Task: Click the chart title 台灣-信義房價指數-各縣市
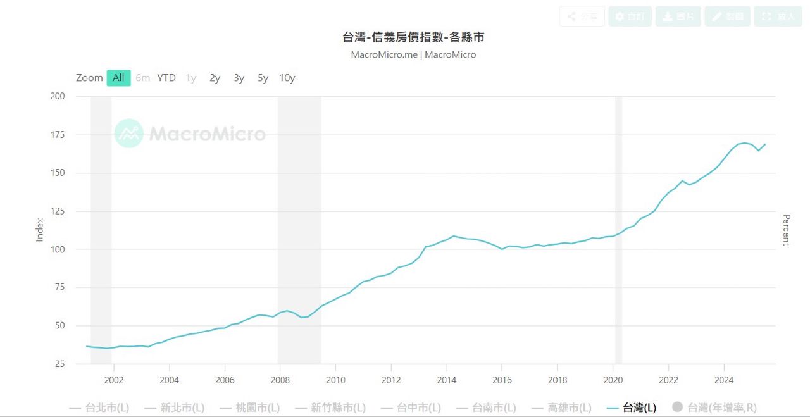[413, 37]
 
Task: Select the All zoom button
[118, 78]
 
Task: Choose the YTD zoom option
[166, 78]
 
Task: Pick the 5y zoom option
[263, 78]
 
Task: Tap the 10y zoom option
[287, 78]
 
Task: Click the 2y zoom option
[215, 78]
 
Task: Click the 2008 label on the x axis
[280, 380]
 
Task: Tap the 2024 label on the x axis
[724, 380]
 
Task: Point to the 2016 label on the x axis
[502, 380]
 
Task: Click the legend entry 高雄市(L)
[561, 408]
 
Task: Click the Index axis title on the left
[40, 230]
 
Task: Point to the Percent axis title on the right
[786, 230]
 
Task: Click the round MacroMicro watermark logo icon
[129, 134]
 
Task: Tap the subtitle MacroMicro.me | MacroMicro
[413, 54]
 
